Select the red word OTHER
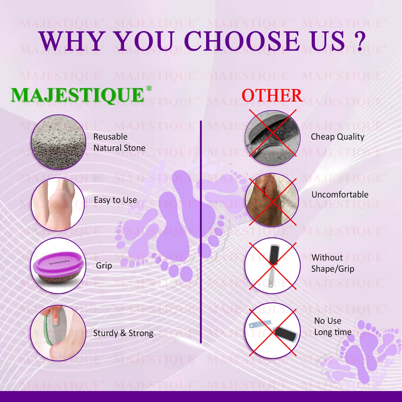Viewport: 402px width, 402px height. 272,95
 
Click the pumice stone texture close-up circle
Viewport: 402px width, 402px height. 58,142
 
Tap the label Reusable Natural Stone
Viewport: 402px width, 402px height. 119,142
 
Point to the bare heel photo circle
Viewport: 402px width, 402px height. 58,204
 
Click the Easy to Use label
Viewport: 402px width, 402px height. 115,200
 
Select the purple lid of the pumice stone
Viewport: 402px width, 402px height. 59,263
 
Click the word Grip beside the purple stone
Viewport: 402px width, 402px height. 104,266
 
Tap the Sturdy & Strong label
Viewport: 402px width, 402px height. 123,333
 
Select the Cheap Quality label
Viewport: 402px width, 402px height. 337,137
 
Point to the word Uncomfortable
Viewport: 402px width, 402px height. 340,194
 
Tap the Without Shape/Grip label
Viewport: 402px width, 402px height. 333,263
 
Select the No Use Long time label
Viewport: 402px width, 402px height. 333,326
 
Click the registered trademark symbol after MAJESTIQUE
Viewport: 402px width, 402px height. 149,88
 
